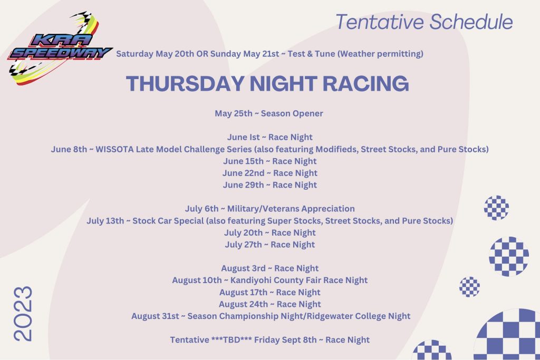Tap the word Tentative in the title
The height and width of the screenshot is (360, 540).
pos(380,22)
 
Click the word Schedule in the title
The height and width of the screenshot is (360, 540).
pos(471,22)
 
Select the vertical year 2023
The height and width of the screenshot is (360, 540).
pos(23,314)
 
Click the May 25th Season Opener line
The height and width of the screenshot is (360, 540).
pos(269,113)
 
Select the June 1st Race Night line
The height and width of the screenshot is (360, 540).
pos(269,138)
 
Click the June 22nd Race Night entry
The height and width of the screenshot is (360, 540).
pos(269,173)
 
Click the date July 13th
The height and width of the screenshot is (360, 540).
pos(105,221)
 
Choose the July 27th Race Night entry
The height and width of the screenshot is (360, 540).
pos(269,245)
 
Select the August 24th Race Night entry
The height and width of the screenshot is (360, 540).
pos(269,304)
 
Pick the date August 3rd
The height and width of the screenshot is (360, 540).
pos(243,268)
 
